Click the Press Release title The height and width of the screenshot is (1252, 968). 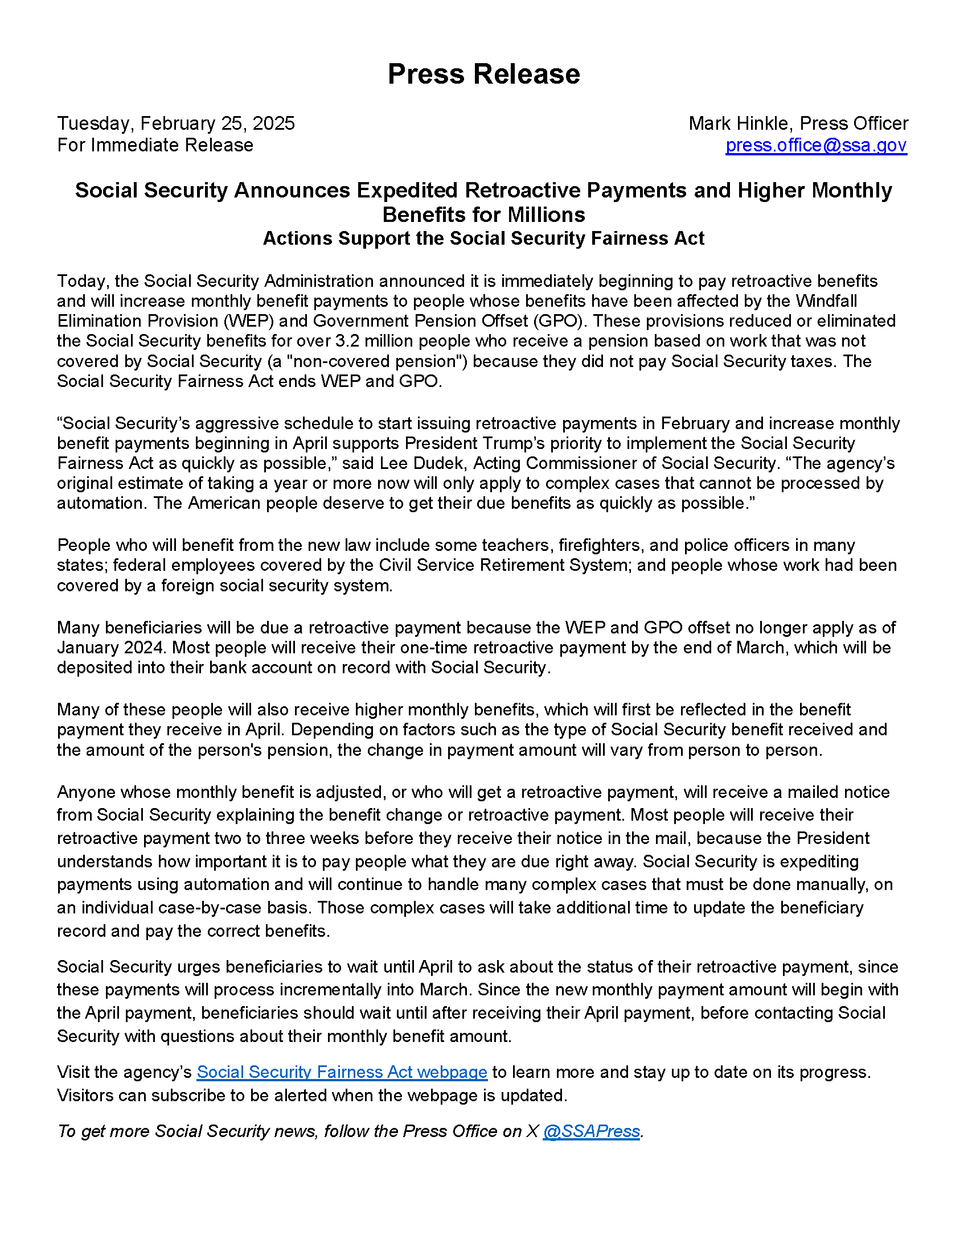point(483,74)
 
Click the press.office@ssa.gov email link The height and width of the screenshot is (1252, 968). point(815,145)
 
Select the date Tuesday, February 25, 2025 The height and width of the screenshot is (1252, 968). point(175,123)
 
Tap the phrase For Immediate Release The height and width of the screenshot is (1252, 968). point(155,145)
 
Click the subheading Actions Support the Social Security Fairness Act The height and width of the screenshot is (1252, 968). point(483,238)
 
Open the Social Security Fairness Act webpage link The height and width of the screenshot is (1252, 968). point(342,1072)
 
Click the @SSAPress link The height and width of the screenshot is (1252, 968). point(590,1131)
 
